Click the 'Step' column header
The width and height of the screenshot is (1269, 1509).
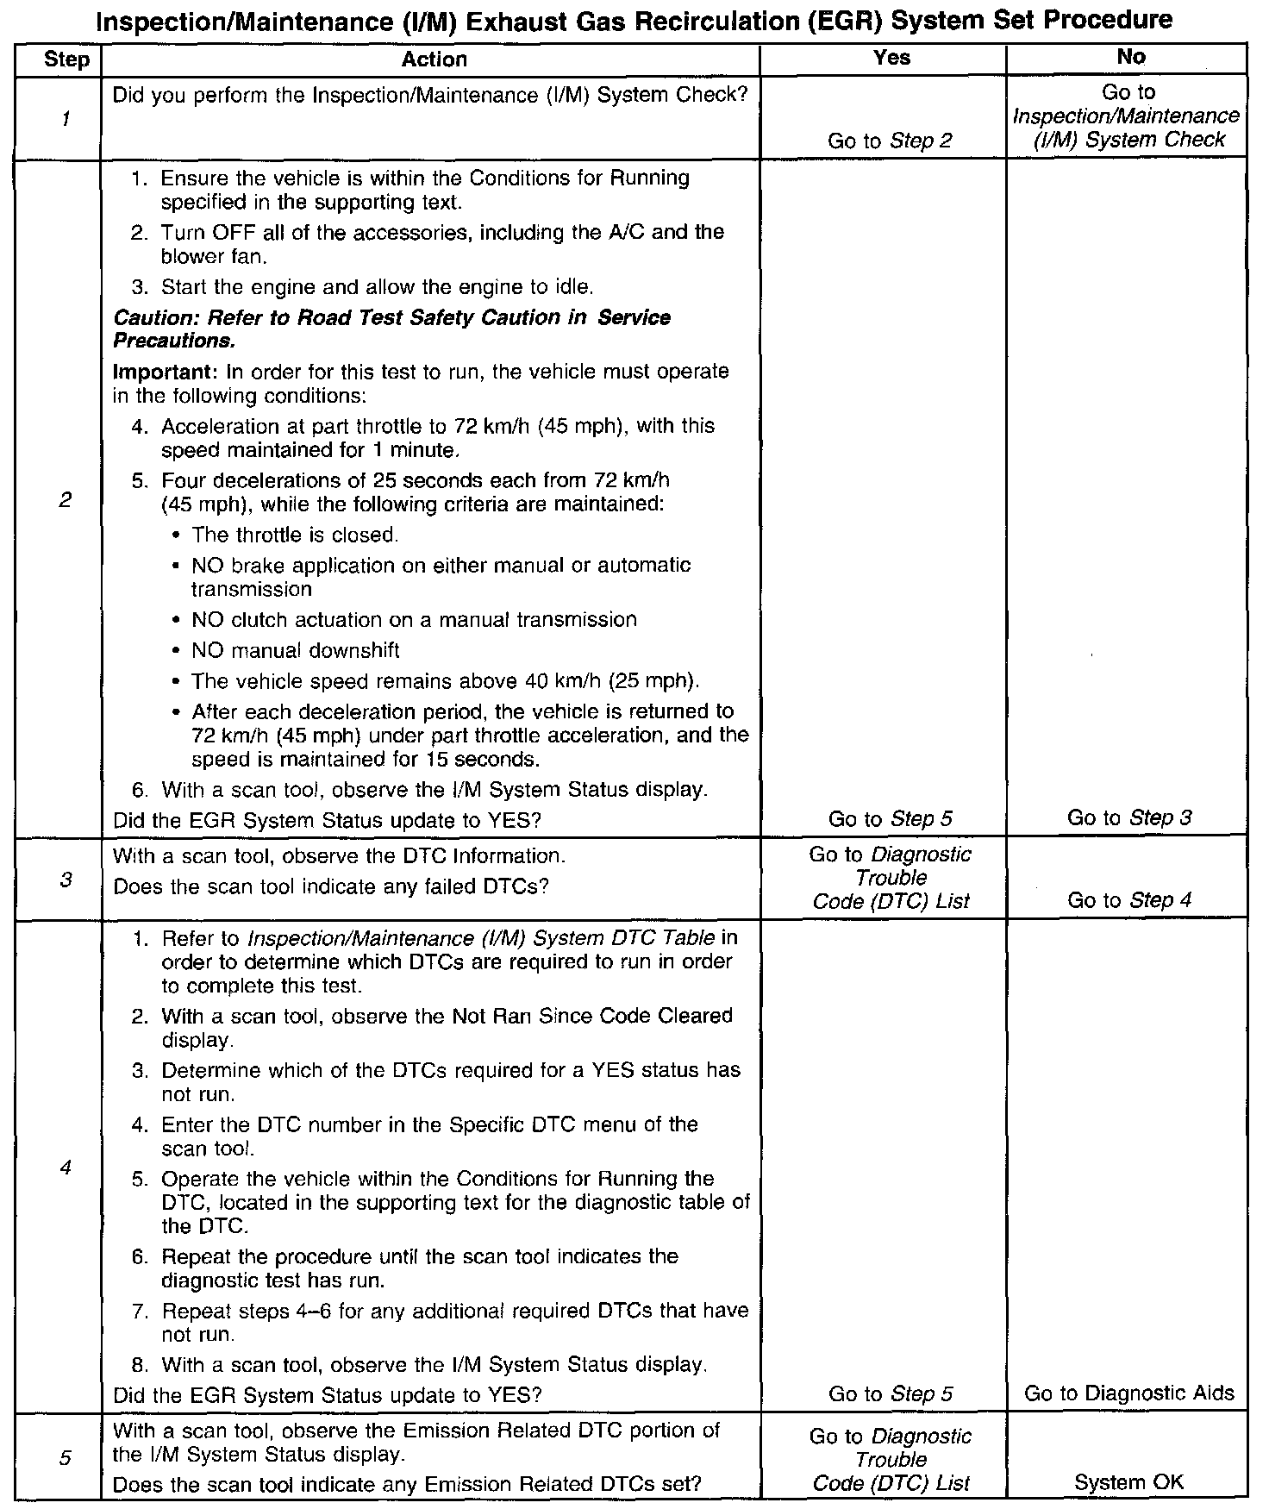click(x=66, y=59)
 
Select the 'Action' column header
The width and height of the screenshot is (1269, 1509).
click(x=434, y=59)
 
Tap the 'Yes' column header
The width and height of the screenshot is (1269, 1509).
click(x=891, y=57)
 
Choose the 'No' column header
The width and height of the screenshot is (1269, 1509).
click(x=1130, y=57)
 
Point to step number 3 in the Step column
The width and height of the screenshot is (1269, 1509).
click(x=66, y=880)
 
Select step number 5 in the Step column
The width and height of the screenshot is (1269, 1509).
click(x=66, y=1458)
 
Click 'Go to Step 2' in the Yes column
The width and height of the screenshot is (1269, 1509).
click(x=890, y=141)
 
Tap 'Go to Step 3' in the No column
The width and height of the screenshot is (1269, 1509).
click(x=1128, y=817)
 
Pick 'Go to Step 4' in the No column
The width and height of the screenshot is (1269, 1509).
click(x=1128, y=900)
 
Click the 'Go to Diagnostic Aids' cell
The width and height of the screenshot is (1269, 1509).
click(x=1128, y=1393)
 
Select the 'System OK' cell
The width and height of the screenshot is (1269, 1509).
click(x=1128, y=1482)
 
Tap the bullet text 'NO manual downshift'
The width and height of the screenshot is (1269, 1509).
click(x=295, y=650)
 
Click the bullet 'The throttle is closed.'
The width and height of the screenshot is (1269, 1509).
click(x=295, y=535)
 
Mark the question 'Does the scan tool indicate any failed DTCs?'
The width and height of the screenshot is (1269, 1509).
click(x=331, y=886)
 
